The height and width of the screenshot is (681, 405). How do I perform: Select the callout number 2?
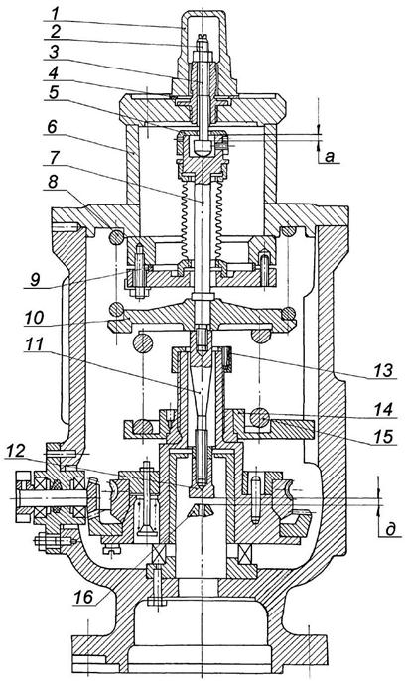pos(53,32)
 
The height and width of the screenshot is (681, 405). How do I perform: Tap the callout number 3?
pos(53,52)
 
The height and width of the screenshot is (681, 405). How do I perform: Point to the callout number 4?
pos(53,72)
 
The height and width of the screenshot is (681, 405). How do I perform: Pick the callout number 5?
pos(53,93)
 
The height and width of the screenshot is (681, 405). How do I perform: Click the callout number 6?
pos(52,127)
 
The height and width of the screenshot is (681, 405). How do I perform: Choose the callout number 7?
pos(53,159)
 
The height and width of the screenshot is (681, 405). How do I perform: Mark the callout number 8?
pos(53,182)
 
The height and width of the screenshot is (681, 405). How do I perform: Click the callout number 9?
pos(35,280)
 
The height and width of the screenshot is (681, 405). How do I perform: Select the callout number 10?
pos(34,318)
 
